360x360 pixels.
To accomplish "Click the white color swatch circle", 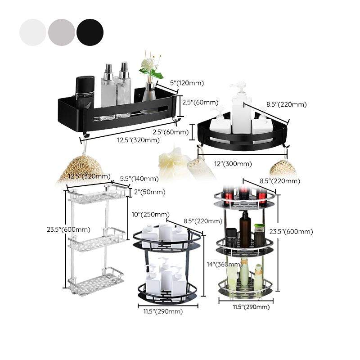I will tap(32, 32).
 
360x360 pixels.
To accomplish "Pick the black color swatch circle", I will tap(90, 32).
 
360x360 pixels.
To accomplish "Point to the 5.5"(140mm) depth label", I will tap(139, 179).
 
